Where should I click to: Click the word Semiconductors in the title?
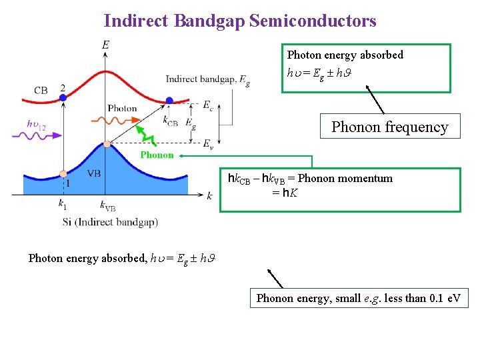(313, 21)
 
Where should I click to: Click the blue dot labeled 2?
(63, 97)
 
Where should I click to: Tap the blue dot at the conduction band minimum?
(169, 101)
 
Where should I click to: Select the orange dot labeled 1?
(63, 173)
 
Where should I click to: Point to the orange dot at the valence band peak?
(107, 143)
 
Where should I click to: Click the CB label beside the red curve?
(41, 90)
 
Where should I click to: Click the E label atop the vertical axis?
(106, 45)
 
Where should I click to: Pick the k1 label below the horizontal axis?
(63, 205)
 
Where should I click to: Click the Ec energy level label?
(208, 105)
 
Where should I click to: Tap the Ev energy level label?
(208, 143)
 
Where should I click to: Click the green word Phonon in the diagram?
(157, 155)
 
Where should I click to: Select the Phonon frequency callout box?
(389, 127)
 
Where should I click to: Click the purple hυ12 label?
(36, 123)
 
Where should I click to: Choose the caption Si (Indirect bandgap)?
(110, 221)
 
